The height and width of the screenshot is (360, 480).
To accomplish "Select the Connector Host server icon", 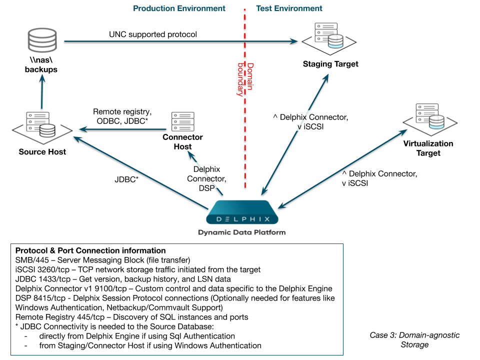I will click(x=182, y=121).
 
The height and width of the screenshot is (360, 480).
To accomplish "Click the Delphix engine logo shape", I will click(x=242, y=213).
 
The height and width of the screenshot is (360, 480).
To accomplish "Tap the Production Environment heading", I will click(x=179, y=8).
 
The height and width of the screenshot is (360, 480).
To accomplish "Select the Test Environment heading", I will click(x=289, y=8).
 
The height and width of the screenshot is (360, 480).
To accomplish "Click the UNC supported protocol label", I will click(x=153, y=34).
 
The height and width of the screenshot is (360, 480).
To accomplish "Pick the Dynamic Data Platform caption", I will click(x=242, y=232).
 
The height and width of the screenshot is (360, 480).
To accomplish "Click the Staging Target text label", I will click(x=330, y=64).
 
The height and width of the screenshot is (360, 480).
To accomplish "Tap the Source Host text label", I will click(x=42, y=151).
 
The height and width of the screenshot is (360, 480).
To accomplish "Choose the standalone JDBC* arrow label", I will click(x=126, y=178).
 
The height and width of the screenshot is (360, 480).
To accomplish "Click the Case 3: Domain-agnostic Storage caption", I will click(x=414, y=339).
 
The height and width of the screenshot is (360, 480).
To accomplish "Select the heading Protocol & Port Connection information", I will click(x=90, y=250).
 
